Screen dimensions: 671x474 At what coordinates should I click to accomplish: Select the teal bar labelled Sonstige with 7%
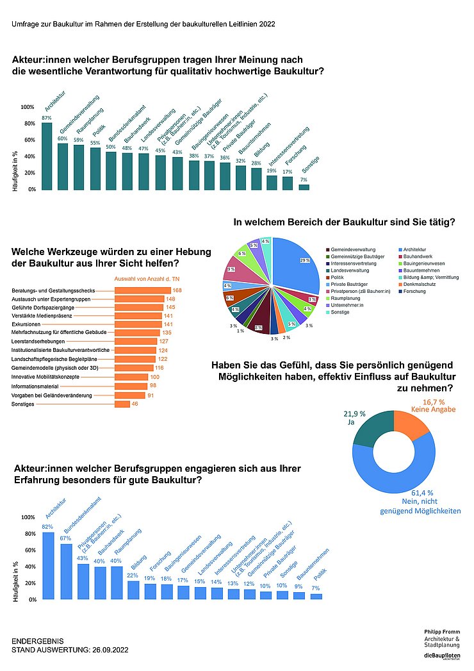304,186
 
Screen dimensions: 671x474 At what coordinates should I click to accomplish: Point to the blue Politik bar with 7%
316,596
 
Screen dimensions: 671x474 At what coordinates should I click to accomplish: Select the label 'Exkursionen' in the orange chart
28,325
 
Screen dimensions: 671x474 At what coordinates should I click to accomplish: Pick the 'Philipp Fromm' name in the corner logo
442,631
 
